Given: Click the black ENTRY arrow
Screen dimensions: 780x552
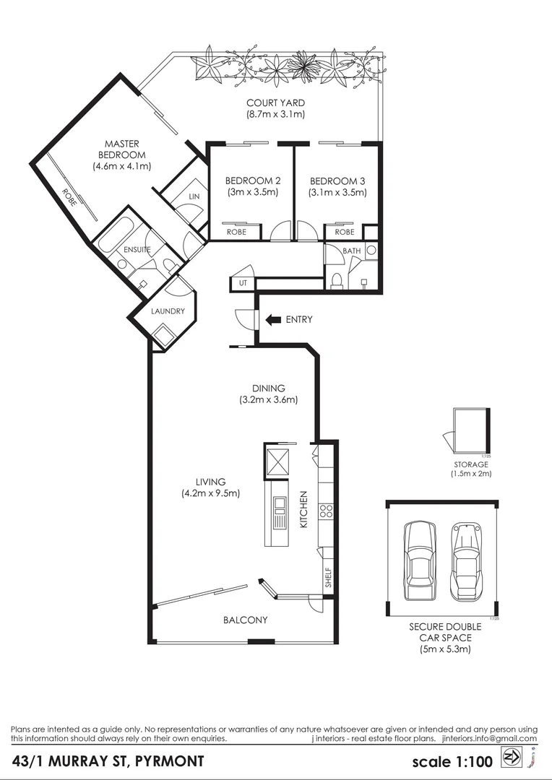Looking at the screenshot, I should (x=272, y=319).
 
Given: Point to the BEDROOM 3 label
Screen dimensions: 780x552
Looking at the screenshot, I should (x=337, y=181).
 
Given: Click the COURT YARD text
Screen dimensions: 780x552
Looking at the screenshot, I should (x=275, y=103).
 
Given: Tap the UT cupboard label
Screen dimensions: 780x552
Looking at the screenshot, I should (x=243, y=283).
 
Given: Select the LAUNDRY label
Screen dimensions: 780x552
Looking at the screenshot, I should (x=168, y=311).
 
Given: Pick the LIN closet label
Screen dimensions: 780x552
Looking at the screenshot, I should (x=194, y=196).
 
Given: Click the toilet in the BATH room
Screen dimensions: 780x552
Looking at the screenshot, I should (x=337, y=279).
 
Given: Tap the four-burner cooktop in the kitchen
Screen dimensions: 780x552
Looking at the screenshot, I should (x=325, y=511).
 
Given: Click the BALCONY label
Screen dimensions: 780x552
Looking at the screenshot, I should (x=245, y=620).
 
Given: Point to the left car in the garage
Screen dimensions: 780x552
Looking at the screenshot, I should (x=419, y=560).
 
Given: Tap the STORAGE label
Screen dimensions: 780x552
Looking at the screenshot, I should (x=471, y=464).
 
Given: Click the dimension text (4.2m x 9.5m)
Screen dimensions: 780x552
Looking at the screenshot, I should (x=210, y=493).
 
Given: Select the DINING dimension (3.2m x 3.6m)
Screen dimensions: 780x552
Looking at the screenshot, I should (x=269, y=399).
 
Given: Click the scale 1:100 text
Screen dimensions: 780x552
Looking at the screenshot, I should (x=452, y=761).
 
